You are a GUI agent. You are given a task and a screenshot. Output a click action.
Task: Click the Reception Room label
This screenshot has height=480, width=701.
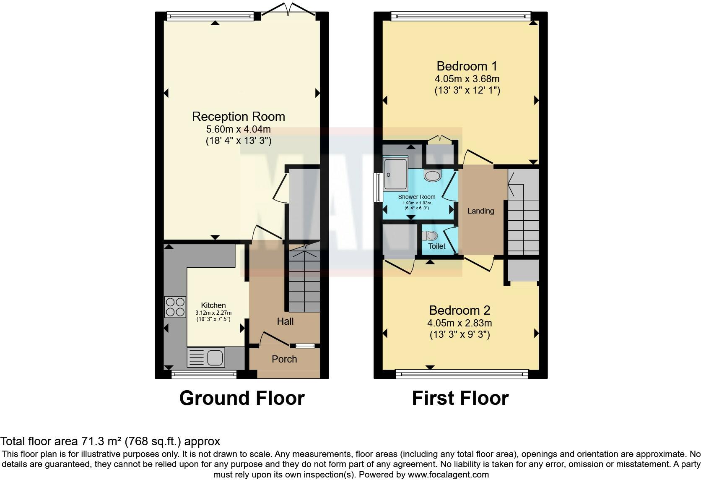(239, 117)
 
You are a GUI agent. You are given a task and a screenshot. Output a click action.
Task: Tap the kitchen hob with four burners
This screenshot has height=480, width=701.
(175, 307)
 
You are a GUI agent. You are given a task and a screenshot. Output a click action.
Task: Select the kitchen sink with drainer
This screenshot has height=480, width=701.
(206, 357)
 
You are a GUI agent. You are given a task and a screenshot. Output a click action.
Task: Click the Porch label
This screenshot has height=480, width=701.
(284, 359)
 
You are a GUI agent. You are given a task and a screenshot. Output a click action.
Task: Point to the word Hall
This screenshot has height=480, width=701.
(285, 321)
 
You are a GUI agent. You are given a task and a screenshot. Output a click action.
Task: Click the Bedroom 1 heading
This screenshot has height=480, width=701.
(467, 66)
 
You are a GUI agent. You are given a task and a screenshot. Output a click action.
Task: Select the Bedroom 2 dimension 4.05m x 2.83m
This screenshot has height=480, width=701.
(460, 323)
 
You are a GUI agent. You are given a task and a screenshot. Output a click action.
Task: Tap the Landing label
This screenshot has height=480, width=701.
(481, 211)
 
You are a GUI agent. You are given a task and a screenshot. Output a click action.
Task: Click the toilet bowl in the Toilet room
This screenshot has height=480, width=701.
(429, 235)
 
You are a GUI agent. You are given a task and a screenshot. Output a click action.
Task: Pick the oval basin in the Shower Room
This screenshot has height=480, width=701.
(433, 176)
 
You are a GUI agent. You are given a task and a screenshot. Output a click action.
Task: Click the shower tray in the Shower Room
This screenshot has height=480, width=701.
(396, 174)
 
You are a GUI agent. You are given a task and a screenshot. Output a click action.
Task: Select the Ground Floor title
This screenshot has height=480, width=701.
(242, 398)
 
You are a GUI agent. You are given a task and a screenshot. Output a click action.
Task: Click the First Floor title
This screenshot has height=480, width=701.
(460, 398)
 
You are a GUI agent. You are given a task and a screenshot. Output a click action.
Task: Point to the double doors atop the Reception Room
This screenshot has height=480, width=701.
(288, 9)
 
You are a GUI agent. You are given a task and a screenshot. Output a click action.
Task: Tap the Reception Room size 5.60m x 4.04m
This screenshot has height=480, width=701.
(239, 129)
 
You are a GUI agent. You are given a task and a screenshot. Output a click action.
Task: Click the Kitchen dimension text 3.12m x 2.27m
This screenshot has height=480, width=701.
(213, 313)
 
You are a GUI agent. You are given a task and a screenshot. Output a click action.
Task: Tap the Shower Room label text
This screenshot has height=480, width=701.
(416, 197)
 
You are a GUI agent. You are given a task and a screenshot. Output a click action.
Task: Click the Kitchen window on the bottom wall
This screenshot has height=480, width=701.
(204, 375)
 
